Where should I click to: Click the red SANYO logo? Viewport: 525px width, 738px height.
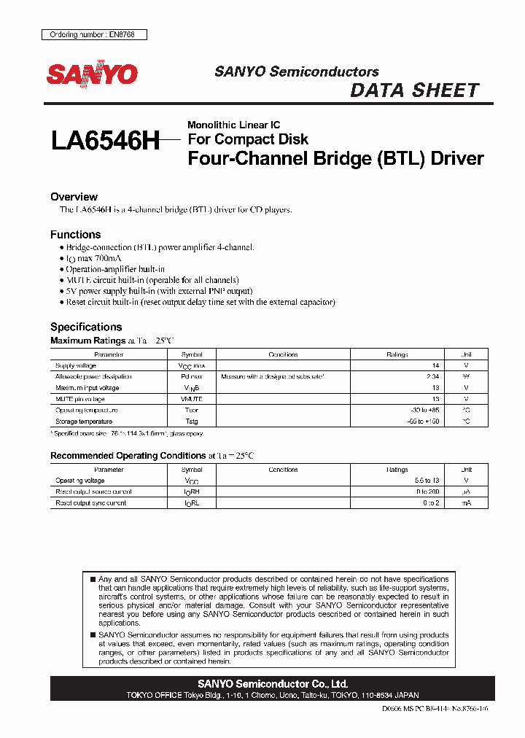(x=92, y=74)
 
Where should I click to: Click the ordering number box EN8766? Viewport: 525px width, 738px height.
(x=92, y=34)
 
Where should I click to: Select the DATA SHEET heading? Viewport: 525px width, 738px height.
(x=414, y=90)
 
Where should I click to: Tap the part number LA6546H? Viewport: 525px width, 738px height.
(x=105, y=140)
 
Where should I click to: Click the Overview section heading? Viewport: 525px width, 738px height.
(x=74, y=197)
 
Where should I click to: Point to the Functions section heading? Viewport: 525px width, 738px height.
(x=75, y=235)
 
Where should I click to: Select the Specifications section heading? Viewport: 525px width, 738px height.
(x=86, y=327)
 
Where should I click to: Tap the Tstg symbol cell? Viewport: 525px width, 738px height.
(x=192, y=422)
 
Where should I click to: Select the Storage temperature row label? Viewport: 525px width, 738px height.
(x=84, y=422)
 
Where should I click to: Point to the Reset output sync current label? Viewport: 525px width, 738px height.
(x=90, y=503)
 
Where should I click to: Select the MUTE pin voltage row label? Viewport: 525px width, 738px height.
(x=80, y=399)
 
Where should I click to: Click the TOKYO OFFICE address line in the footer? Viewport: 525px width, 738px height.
(x=271, y=695)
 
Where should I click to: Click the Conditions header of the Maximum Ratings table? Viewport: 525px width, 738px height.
(x=283, y=354)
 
